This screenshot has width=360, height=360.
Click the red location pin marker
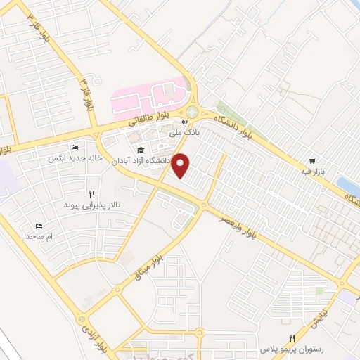point(181,166)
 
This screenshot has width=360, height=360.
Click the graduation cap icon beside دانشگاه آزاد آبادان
point(140,150)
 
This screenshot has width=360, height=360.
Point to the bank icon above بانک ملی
point(185,122)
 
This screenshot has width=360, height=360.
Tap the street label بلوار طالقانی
point(147,121)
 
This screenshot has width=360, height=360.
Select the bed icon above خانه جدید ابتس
point(75,147)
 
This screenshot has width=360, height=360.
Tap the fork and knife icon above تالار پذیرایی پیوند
point(91,193)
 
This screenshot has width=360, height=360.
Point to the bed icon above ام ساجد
point(39,226)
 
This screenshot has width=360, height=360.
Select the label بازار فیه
point(311,172)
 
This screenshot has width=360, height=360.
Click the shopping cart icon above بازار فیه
point(311,160)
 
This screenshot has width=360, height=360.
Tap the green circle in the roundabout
point(192,111)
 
